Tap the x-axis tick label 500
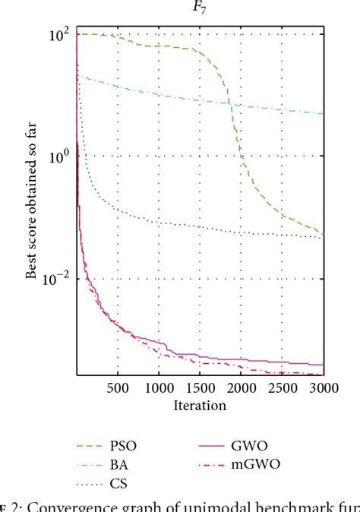118,387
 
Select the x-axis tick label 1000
159,387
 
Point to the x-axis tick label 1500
200,387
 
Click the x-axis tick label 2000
241,387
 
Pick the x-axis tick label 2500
282,387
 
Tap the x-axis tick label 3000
322,387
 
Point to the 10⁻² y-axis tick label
58,279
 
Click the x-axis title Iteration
200,406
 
